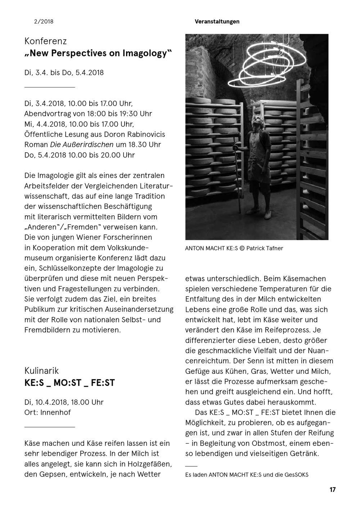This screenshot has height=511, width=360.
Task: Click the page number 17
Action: [x=332, y=490]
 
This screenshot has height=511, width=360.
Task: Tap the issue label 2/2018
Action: [x=44, y=22]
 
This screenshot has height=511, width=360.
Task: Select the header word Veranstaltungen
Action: [x=217, y=22]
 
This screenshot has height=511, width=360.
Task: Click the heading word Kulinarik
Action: [x=41, y=371]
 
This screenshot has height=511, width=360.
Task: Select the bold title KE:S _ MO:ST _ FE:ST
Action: [x=69, y=383]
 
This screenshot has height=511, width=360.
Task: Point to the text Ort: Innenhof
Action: [x=48, y=412]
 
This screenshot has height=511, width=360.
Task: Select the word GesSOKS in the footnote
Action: [x=296, y=475]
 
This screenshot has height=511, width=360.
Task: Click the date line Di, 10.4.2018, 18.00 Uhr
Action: [x=64, y=402]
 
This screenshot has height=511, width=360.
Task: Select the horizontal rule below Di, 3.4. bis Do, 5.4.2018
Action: [x=50, y=87]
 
